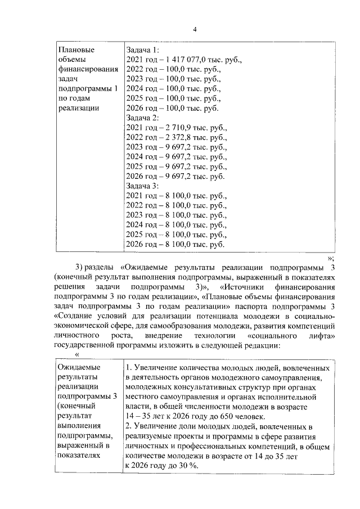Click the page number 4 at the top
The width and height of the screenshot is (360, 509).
tap(195, 29)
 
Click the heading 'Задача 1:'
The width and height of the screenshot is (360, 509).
tap(143, 49)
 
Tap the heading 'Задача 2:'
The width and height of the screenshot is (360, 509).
tap(143, 118)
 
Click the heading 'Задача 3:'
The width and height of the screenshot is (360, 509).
tap(143, 186)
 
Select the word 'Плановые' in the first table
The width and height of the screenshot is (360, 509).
tap(76, 49)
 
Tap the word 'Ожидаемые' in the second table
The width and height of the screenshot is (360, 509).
tap(78, 367)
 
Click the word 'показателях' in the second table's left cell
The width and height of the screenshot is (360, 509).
tap(80, 456)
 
